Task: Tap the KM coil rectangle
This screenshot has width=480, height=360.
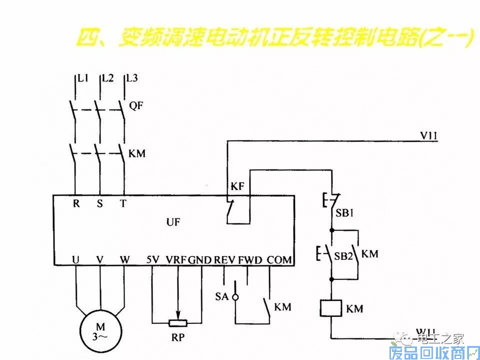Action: pos(330,307)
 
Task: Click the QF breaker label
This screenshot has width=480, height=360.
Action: pos(135,105)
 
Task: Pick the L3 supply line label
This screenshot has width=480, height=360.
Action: pos(132,78)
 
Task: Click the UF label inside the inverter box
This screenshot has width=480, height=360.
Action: pos(173,222)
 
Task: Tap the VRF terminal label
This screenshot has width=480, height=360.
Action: pos(176,260)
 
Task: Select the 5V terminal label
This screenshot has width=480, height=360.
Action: pos(152,260)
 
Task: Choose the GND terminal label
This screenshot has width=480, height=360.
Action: pos(200,260)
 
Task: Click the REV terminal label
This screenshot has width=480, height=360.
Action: pos(224,260)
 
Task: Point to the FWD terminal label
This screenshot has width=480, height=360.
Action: pos(249,260)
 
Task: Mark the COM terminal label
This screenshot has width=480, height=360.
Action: pos(279,260)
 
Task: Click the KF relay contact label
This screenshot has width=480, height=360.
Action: pos(237,186)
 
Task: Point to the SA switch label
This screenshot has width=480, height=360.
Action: pos(221,296)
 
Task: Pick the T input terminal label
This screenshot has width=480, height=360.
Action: pos(123,203)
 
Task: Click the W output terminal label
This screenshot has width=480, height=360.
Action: pos(124,260)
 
